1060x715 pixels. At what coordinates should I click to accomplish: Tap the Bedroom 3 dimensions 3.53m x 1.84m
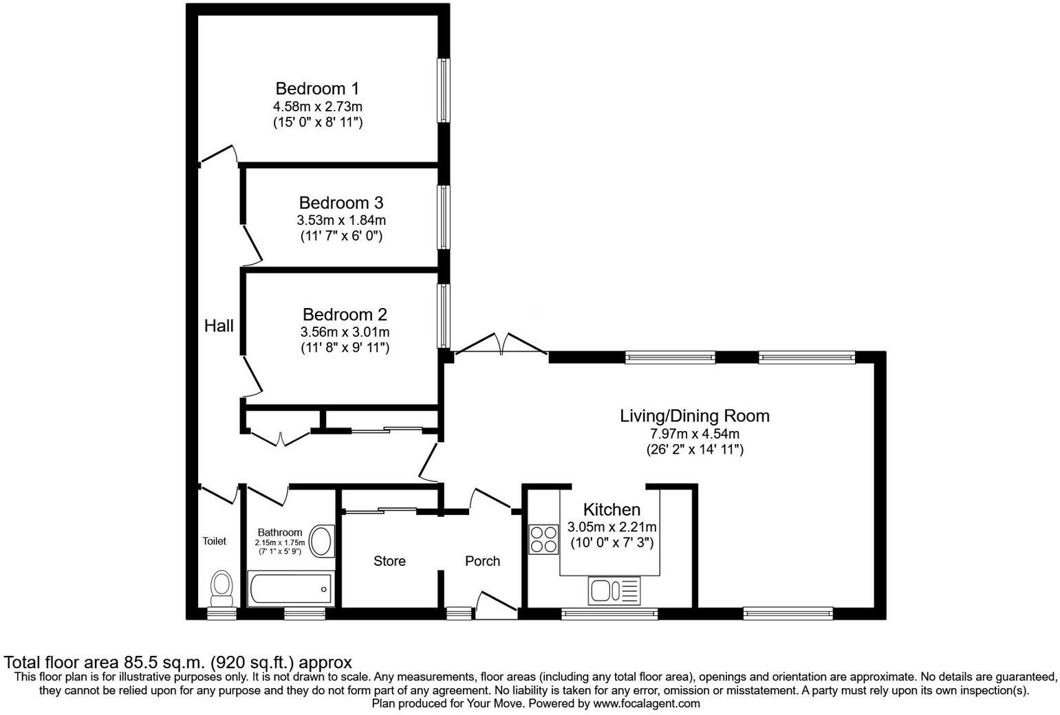click(340, 221)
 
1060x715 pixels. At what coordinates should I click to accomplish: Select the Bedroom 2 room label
click(345, 315)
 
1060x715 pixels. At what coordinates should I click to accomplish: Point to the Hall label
click(219, 326)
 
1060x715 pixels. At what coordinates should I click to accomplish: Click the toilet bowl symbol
click(221, 586)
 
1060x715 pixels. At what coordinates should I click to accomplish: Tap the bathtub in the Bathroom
click(290, 589)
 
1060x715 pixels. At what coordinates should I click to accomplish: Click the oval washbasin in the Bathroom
click(321, 540)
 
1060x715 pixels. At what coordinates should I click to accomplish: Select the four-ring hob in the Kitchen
click(543, 539)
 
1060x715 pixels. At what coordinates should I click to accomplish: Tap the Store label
click(389, 562)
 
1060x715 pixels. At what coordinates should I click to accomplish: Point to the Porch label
click(482, 562)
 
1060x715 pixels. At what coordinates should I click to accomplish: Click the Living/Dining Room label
click(695, 416)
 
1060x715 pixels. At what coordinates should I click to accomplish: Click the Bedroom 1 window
click(444, 90)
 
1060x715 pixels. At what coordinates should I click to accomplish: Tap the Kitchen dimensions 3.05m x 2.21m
click(612, 527)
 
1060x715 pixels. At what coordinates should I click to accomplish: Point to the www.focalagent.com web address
click(646, 704)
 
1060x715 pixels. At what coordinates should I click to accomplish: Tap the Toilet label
click(214, 542)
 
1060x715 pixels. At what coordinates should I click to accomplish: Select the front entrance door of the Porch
click(495, 604)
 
